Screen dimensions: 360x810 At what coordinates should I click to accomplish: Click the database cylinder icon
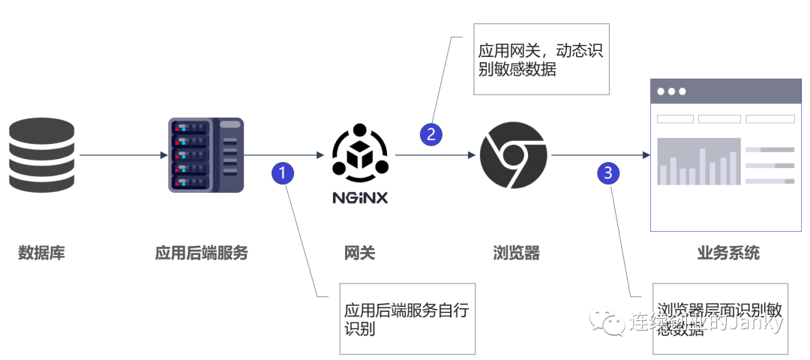[x=42, y=155]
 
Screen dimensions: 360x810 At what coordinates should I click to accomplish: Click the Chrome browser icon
[x=513, y=155]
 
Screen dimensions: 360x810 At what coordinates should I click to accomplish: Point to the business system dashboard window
[x=724, y=154]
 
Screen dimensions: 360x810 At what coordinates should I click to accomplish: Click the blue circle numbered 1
[x=282, y=172]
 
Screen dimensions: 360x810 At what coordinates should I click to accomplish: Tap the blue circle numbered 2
[x=430, y=134]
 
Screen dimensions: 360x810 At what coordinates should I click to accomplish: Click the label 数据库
[x=42, y=253]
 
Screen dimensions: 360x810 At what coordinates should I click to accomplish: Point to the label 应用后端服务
[x=201, y=253]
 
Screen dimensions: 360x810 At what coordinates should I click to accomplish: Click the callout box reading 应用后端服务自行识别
[x=407, y=319]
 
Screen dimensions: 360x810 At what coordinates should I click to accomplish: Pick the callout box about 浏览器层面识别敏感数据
[x=720, y=319]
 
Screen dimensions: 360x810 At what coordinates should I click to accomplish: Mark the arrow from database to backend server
[x=123, y=155]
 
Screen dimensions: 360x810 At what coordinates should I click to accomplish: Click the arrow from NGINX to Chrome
[x=435, y=155]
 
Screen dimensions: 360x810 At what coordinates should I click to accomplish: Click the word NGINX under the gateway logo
[x=361, y=198]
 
